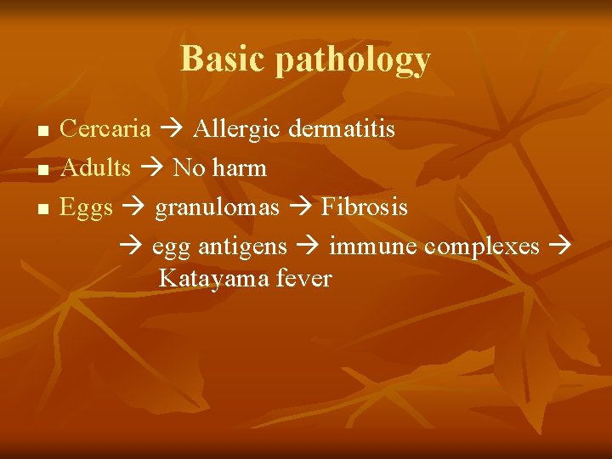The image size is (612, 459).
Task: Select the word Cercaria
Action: [x=106, y=129]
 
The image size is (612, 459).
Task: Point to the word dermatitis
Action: [x=342, y=129]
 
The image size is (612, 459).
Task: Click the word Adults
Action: [x=96, y=168]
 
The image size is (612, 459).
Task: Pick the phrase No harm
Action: [x=219, y=168]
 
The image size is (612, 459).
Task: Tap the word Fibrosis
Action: [x=364, y=207]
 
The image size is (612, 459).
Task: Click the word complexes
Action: [x=482, y=247]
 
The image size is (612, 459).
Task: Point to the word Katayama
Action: [x=214, y=279]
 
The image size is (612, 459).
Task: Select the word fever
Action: [x=303, y=279]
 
